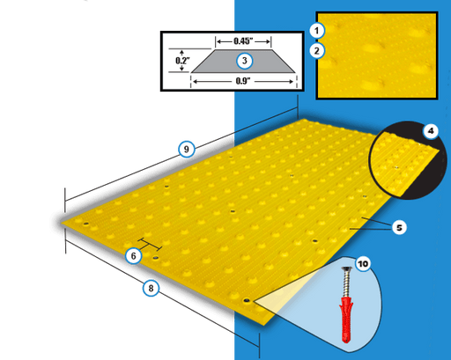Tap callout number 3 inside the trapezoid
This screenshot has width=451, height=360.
pos(244,62)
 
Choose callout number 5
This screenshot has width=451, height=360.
pos(398,227)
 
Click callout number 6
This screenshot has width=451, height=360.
pos(133,255)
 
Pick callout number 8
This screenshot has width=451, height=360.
pos(151,287)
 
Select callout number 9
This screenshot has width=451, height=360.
pos(185,149)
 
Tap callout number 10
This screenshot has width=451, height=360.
pos(364,263)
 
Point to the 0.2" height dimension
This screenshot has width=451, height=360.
pos(181,62)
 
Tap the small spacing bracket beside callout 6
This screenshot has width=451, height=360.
pos(149,245)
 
